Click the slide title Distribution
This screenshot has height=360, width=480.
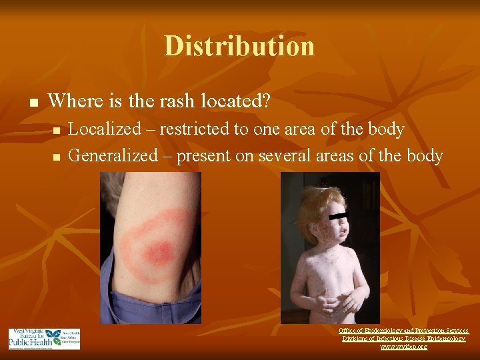click(x=239, y=46)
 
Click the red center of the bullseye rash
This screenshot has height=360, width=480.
click(x=159, y=252)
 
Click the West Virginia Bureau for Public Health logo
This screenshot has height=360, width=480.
click(x=44, y=339)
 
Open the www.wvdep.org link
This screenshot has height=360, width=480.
click(x=404, y=347)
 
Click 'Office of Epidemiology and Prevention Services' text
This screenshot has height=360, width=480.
click(x=404, y=331)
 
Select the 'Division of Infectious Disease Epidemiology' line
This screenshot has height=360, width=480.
click(x=404, y=339)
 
